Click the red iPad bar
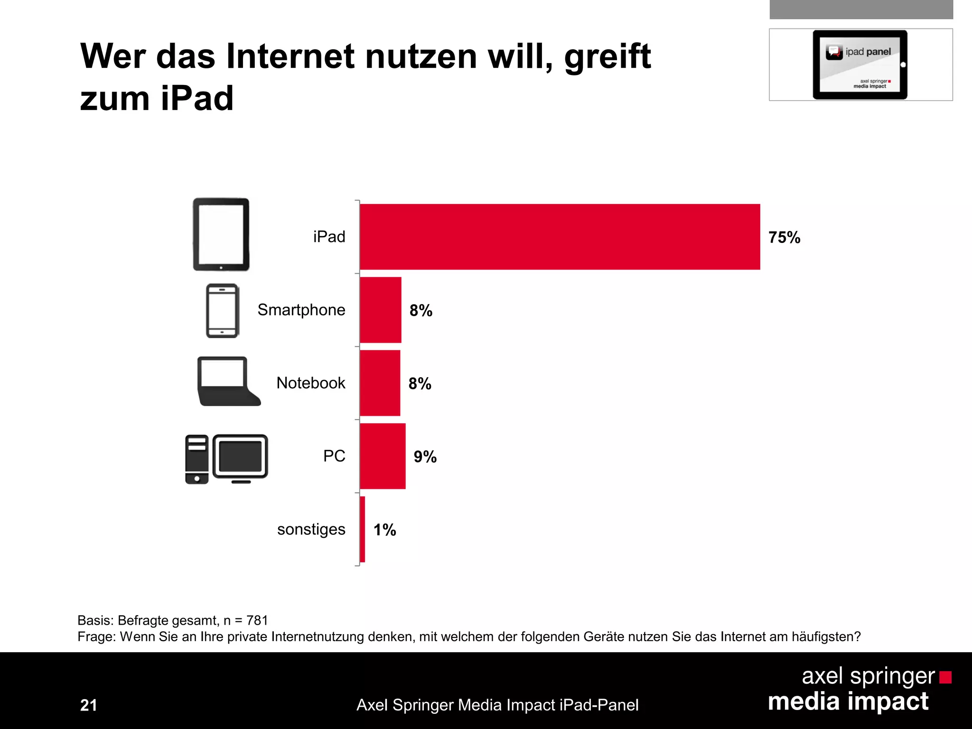tap(560, 237)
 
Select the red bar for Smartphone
tap(381, 310)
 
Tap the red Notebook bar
tap(380, 383)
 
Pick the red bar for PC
tap(383, 456)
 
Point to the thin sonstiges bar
tap(363, 529)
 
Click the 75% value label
tap(784, 237)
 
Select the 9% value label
tap(425, 457)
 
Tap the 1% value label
tap(384, 530)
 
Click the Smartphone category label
tap(301, 310)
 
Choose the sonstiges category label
tap(311, 529)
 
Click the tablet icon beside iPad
tap(221, 234)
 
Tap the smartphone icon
tap(222, 311)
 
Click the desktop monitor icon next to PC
tap(240, 458)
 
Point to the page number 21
tap(89, 705)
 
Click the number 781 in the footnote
tap(257, 620)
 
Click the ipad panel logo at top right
tap(860, 65)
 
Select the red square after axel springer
tap(945, 677)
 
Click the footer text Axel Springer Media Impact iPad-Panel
tap(497, 705)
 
